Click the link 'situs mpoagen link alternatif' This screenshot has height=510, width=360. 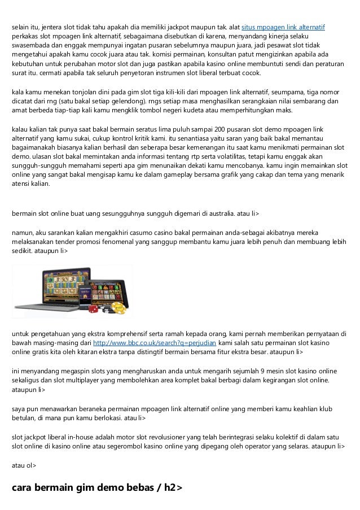(287, 27)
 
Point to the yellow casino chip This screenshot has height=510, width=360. (118, 308)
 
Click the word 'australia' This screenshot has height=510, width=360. (217, 213)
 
